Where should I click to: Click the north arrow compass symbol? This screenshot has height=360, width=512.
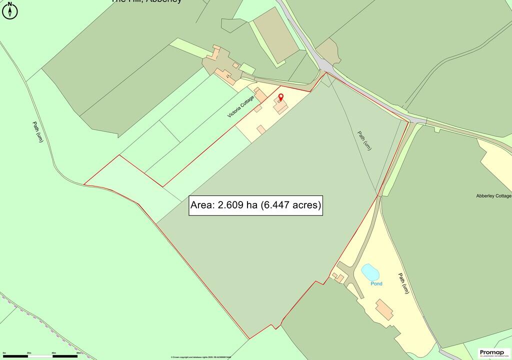coord(10,10)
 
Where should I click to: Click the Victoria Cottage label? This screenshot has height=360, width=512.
coord(240,107)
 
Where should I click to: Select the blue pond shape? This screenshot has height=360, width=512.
coord(370,272)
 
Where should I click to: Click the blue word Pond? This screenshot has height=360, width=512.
coord(376,283)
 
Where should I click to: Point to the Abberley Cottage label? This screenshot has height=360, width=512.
coord(493,196)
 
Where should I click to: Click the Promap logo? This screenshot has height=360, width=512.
coord(494,353)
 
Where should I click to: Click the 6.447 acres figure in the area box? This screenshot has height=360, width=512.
coord(292,205)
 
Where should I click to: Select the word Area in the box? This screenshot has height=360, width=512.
coord(202,205)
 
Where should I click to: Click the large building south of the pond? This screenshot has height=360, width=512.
coord(384,309)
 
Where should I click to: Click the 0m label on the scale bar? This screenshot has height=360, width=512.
coord(4,353)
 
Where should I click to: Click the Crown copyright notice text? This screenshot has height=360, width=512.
coord(197,357)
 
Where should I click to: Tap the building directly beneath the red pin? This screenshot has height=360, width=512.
coord(280,106)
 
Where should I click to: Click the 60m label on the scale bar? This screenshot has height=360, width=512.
coord(78,353)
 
